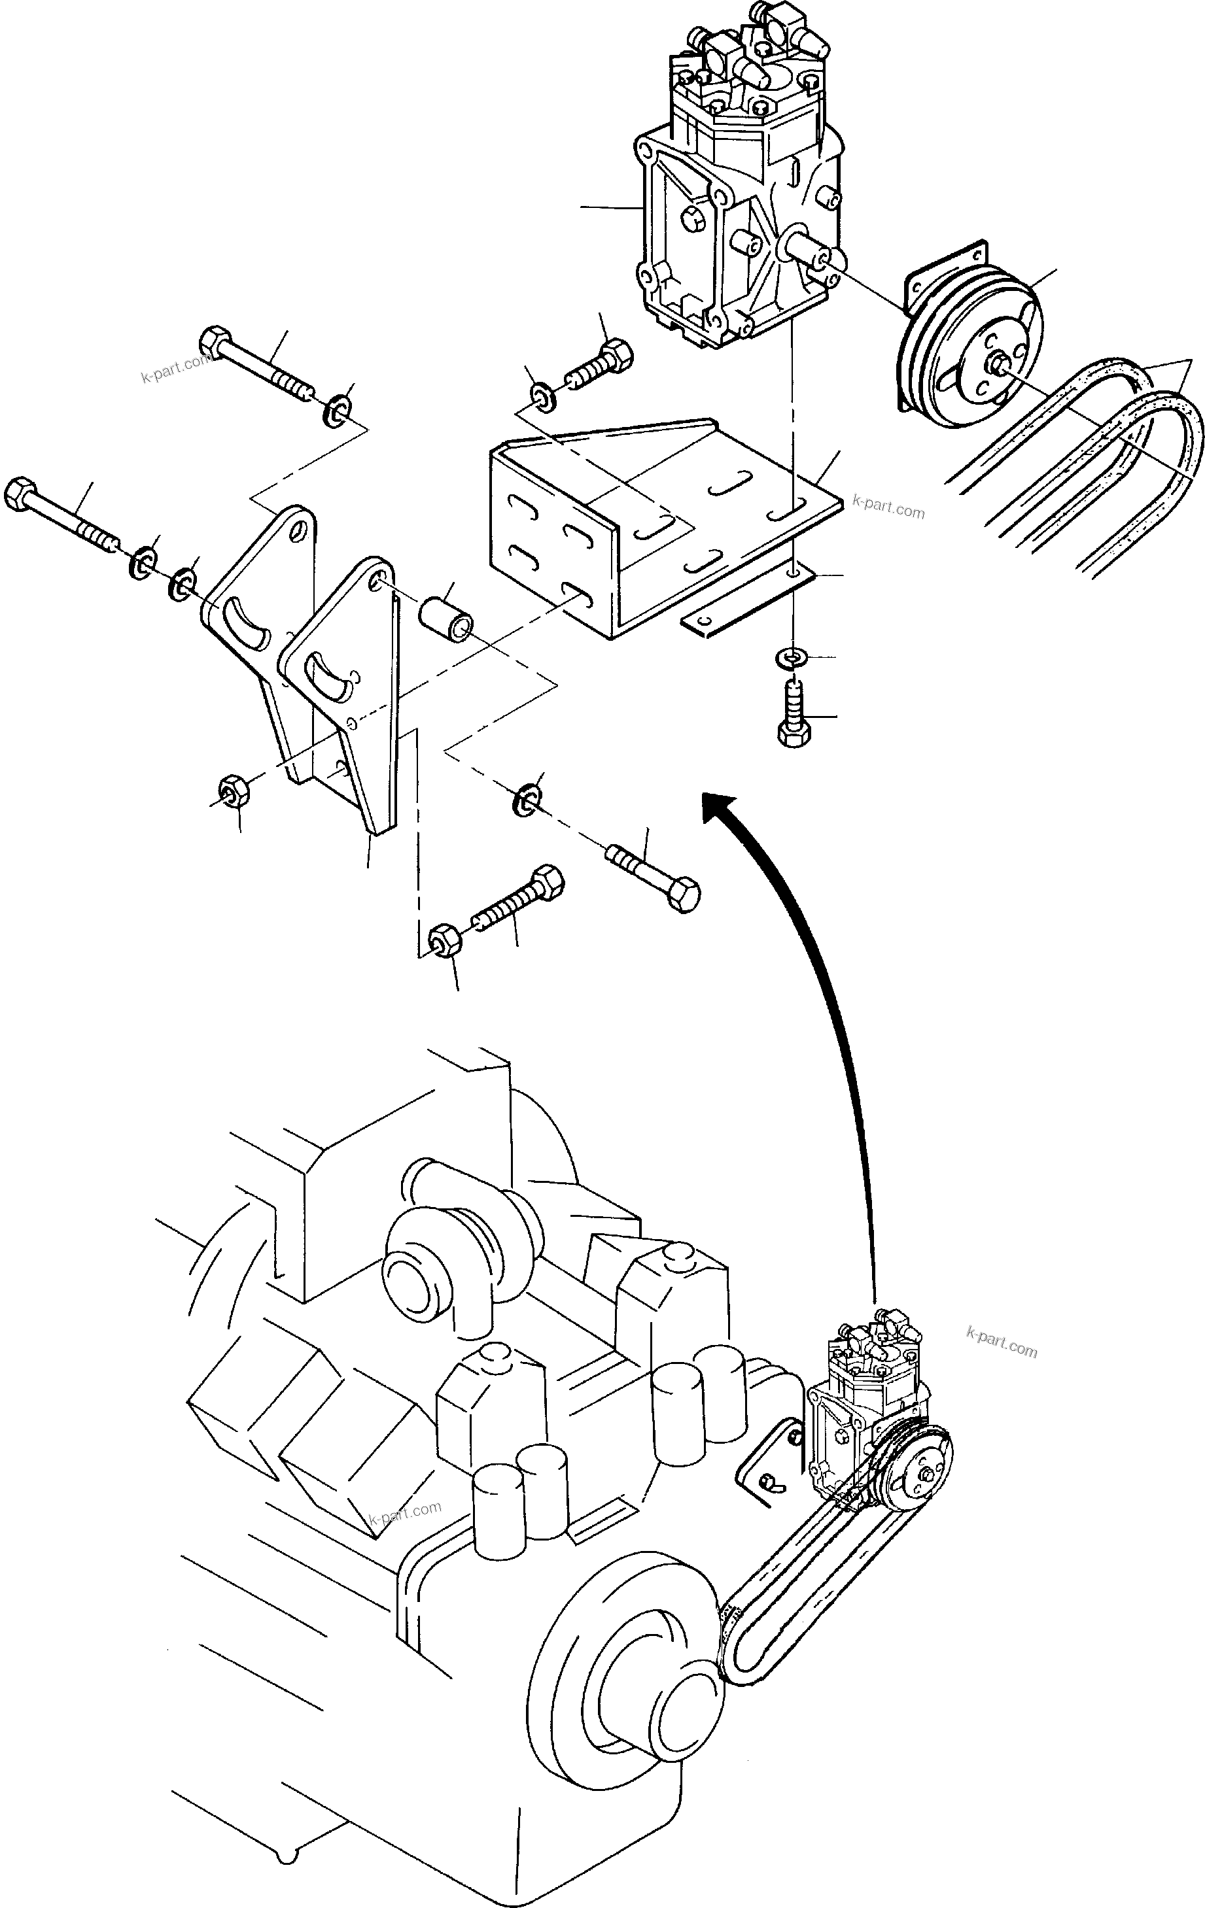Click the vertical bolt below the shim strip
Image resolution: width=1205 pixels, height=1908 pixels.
tap(794, 714)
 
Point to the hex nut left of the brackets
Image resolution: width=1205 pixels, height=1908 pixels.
tap(233, 789)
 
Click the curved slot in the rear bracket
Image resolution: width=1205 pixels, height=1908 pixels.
tap(246, 626)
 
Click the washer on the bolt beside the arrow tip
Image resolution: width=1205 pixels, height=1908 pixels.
tap(525, 800)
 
